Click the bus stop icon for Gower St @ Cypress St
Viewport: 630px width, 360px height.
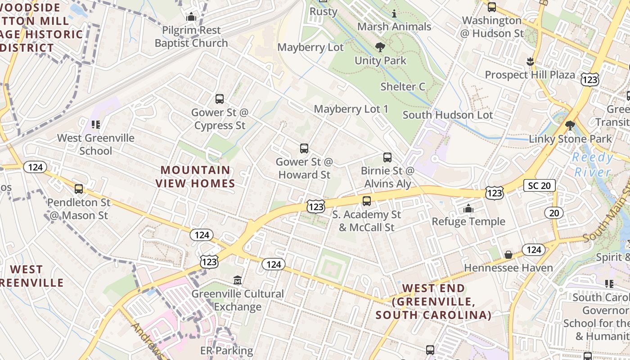click(220, 99)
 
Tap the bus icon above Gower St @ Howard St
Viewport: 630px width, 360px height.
click(304, 148)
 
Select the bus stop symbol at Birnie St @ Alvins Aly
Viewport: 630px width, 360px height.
click(387, 157)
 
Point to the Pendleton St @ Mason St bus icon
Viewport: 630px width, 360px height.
click(79, 189)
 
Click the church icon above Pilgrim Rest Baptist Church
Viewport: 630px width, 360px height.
click(191, 17)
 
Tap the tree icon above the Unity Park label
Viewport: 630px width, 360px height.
click(380, 47)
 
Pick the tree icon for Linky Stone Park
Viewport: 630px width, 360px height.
click(570, 126)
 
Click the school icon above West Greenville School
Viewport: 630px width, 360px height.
click(95, 125)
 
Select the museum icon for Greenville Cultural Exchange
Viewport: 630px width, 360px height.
click(238, 281)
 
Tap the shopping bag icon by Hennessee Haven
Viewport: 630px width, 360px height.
click(508, 255)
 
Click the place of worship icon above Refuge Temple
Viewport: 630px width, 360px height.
click(468, 208)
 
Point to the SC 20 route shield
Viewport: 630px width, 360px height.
click(539, 185)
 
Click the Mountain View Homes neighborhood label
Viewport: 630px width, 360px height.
click(196, 177)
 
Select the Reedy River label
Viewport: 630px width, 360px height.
click(593, 165)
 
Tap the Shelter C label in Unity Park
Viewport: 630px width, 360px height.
click(403, 86)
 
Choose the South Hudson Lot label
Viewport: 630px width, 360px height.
click(448, 115)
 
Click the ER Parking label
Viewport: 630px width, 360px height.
click(227, 351)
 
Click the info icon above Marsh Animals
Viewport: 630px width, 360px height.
click(394, 13)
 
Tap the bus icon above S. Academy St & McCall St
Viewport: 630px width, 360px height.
click(367, 201)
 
